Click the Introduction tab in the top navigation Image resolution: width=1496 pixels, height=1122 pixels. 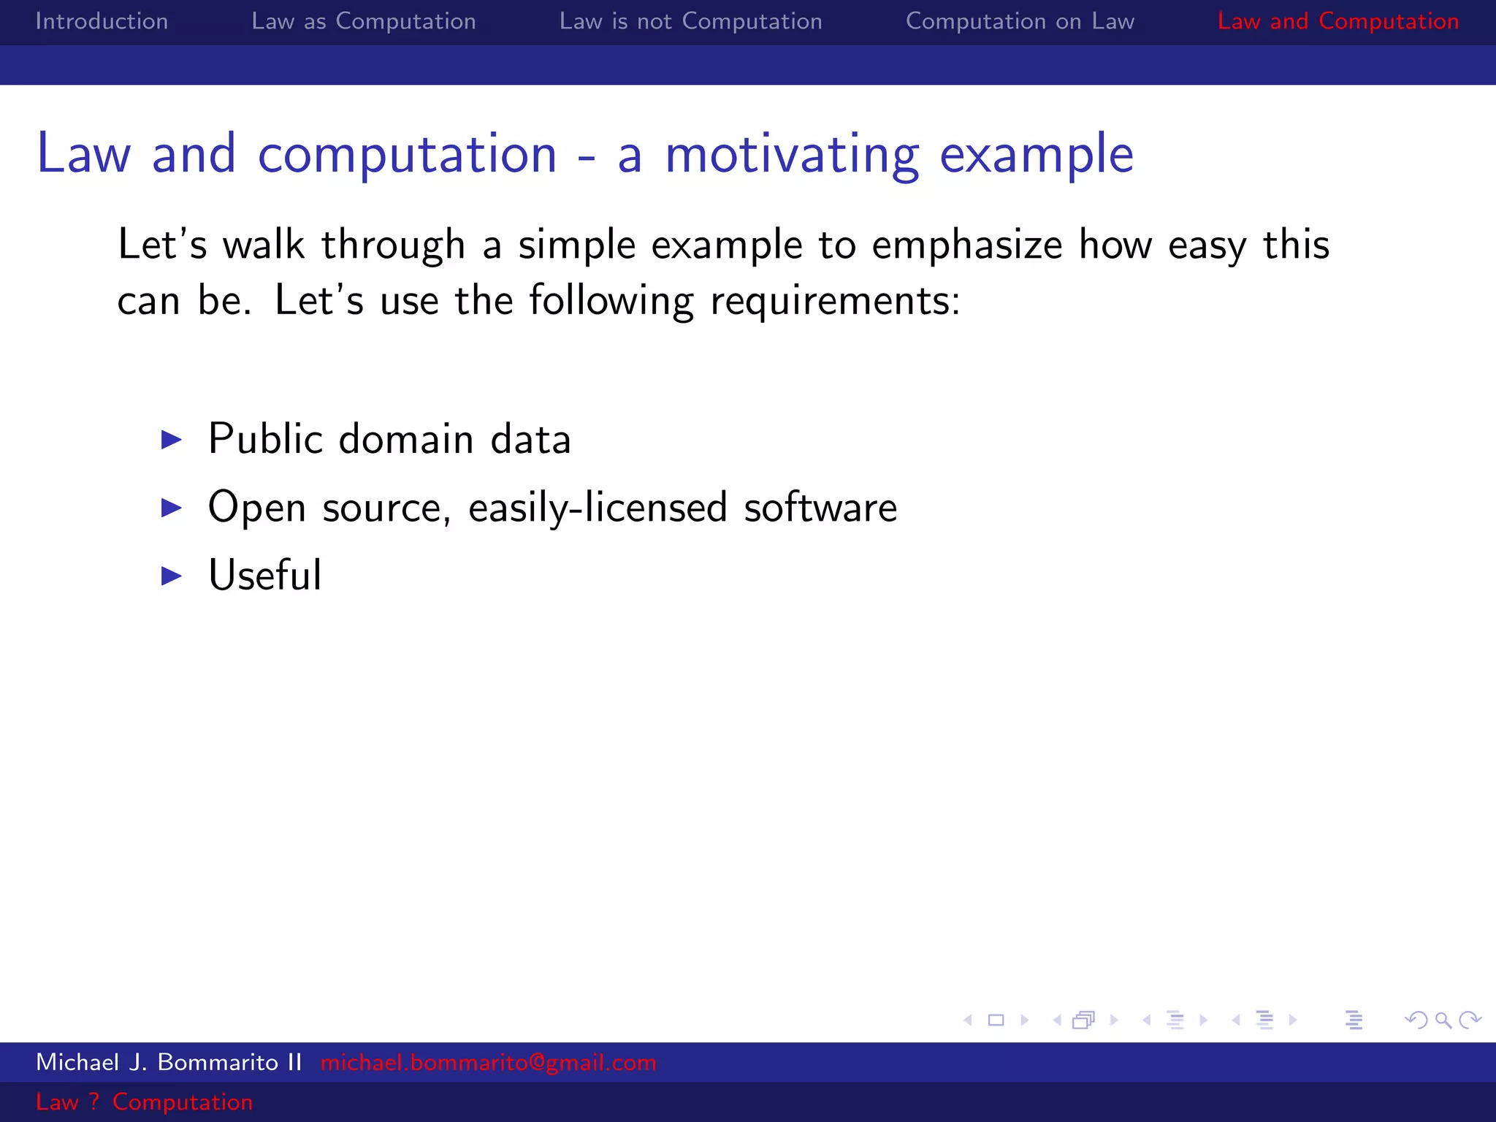[102, 21]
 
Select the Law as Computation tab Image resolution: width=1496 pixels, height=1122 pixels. [363, 21]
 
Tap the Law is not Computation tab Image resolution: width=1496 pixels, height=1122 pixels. [690, 21]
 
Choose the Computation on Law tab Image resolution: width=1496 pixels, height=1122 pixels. [1020, 21]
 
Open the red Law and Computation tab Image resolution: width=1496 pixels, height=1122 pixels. [1337, 21]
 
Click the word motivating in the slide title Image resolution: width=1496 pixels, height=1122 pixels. [792, 156]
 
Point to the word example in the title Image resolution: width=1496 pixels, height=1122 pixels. [1036, 156]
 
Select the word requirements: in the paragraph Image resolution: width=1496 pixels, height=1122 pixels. [835, 301]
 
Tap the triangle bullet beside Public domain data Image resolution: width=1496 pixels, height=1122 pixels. [171, 440]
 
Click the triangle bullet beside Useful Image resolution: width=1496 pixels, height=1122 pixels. [171, 576]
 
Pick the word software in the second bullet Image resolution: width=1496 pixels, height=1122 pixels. [820, 508]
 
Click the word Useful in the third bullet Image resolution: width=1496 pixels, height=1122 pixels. [264, 576]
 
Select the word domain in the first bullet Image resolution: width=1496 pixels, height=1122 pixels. [406, 440]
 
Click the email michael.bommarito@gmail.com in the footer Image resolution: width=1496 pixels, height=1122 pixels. [488, 1062]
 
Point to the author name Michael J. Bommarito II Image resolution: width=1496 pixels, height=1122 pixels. [169, 1062]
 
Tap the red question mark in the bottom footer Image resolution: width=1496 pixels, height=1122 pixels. [93, 1102]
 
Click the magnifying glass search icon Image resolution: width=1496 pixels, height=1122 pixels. [1443, 1020]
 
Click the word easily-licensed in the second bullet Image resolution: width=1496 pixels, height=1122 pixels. [598, 508]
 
